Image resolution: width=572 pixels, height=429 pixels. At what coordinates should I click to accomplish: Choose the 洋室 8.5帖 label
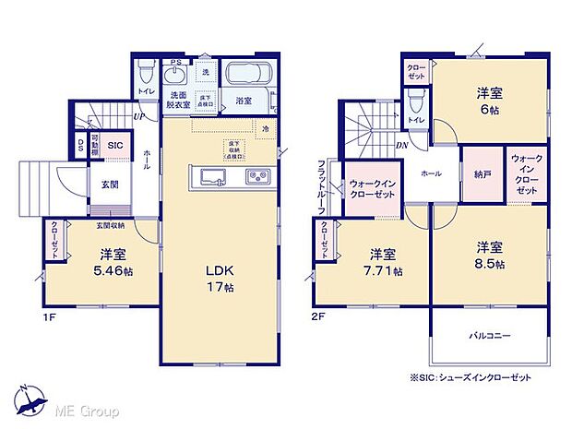[489, 256]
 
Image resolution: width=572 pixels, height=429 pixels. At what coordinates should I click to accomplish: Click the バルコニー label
[489, 336]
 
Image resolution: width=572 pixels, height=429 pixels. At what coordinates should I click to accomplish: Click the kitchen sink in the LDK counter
[210, 176]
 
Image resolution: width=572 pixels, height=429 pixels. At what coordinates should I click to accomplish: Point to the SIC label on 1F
[116, 146]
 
